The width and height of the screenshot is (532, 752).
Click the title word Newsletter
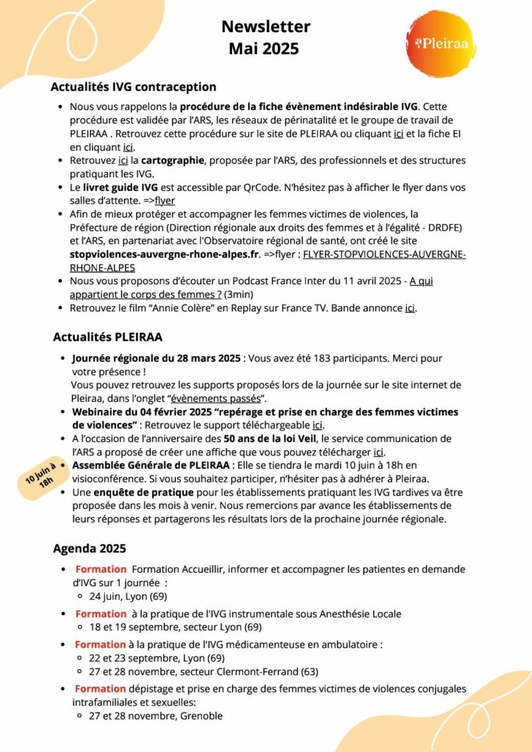[x=265, y=27]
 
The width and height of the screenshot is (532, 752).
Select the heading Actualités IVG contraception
[x=133, y=87]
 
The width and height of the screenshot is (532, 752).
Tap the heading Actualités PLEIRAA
[x=107, y=337]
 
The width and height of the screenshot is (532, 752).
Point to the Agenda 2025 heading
[x=89, y=548]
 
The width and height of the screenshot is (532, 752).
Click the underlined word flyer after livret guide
[x=165, y=200]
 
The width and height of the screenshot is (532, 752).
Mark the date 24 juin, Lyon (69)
[x=128, y=596]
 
